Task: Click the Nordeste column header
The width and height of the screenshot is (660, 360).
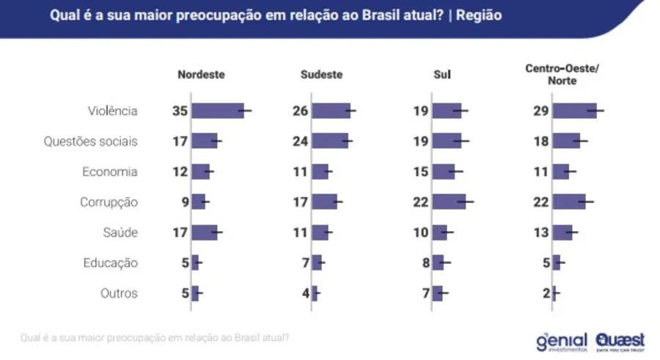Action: tap(201, 75)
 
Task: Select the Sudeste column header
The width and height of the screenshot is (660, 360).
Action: tap(321, 75)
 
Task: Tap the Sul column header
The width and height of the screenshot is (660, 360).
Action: tap(442, 75)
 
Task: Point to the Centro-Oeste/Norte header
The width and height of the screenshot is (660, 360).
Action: tap(562, 75)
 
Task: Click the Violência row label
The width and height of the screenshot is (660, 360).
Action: tap(112, 111)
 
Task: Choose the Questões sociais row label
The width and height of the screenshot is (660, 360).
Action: tap(90, 141)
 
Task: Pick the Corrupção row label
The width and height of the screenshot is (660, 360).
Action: tap(109, 202)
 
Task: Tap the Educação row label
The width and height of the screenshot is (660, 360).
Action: tap(110, 262)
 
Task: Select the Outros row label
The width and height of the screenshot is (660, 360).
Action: tap(119, 293)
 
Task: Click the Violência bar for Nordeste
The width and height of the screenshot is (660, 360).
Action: tap(217, 111)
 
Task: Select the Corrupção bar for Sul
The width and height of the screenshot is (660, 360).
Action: tap(449, 202)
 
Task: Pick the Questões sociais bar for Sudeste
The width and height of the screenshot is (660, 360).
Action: tap(329, 141)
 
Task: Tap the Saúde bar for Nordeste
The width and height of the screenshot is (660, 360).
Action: tap(204, 232)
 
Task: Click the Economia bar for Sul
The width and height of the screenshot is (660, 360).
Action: tap(443, 172)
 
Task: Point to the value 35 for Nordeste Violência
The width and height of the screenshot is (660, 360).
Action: tap(180, 111)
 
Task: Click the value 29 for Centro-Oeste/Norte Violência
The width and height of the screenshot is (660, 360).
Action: tap(541, 111)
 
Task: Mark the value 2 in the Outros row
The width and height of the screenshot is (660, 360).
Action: tap(546, 293)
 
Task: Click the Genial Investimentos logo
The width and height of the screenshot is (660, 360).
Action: tap(562, 341)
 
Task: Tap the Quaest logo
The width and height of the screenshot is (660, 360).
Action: tap(620, 341)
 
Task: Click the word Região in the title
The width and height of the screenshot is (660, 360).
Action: tap(479, 15)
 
